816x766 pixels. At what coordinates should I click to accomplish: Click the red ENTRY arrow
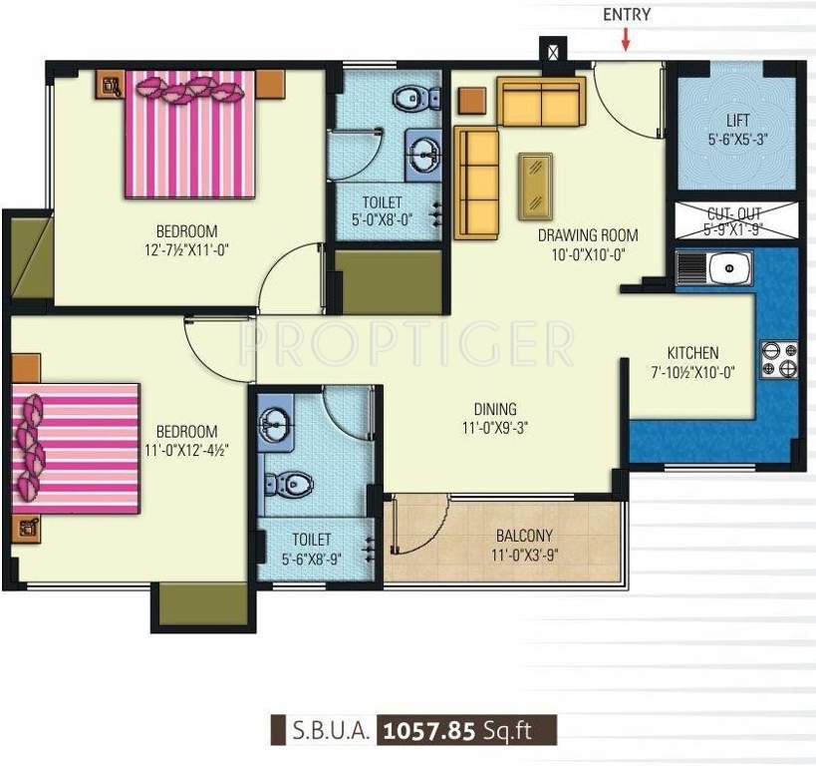626,39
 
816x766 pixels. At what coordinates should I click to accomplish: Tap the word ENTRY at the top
627,14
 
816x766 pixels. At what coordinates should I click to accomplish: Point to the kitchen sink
714,268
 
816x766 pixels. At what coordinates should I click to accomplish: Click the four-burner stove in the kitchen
779,359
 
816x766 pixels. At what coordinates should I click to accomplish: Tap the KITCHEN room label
692,353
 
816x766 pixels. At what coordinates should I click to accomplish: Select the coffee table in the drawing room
536,186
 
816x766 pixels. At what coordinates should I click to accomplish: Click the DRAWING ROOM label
588,235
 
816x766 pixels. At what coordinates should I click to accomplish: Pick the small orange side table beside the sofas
471,101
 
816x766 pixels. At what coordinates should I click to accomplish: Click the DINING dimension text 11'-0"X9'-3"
495,426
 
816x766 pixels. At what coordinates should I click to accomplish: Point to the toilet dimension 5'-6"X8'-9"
311,558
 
